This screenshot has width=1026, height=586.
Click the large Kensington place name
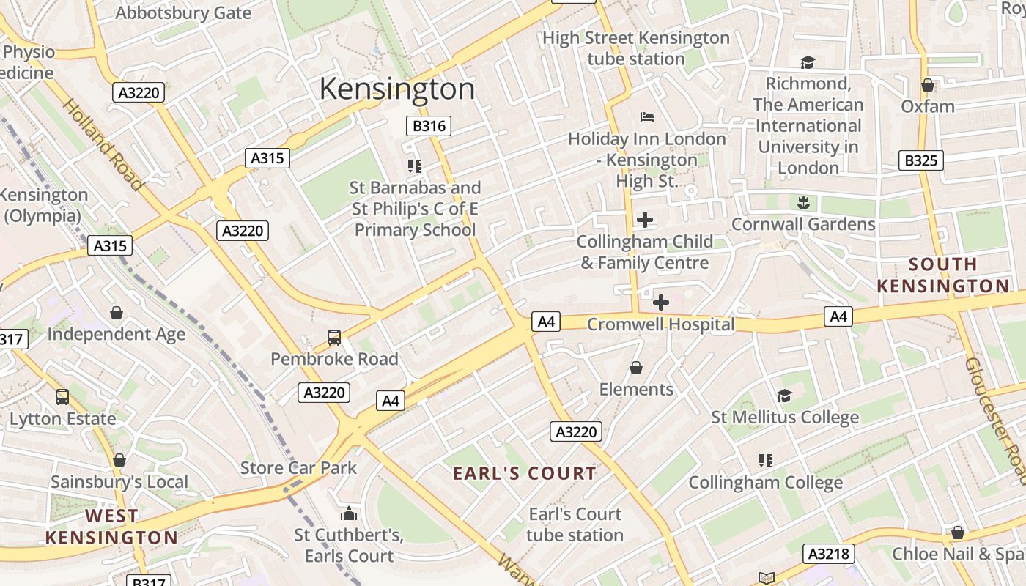[396, 89]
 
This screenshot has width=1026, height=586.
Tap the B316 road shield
[429, 126]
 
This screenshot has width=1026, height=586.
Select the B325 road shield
[921, 160]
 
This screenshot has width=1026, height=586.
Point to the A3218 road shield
[829, 554]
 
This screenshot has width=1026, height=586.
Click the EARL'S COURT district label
[525, 473]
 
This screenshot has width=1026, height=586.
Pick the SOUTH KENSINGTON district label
[943, 275]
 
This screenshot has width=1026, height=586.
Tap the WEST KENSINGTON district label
[111, 527]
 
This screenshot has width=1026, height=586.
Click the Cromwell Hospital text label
[660, 324]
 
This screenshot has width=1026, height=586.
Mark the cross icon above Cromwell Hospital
[660, 302]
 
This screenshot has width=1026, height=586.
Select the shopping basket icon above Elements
[636, 368]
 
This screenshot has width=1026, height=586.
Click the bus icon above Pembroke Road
[334, 338]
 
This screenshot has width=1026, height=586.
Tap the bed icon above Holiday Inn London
[646, 116]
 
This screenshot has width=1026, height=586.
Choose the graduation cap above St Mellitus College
[784, 396]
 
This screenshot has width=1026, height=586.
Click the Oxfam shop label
[927, 106]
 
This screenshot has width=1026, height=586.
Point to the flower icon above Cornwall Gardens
[803, 202]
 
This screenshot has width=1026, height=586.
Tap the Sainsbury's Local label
[119, 482]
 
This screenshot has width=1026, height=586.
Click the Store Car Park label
[298, 468]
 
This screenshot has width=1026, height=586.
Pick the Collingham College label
[765, 483]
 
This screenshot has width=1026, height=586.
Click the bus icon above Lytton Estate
[62, 397]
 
